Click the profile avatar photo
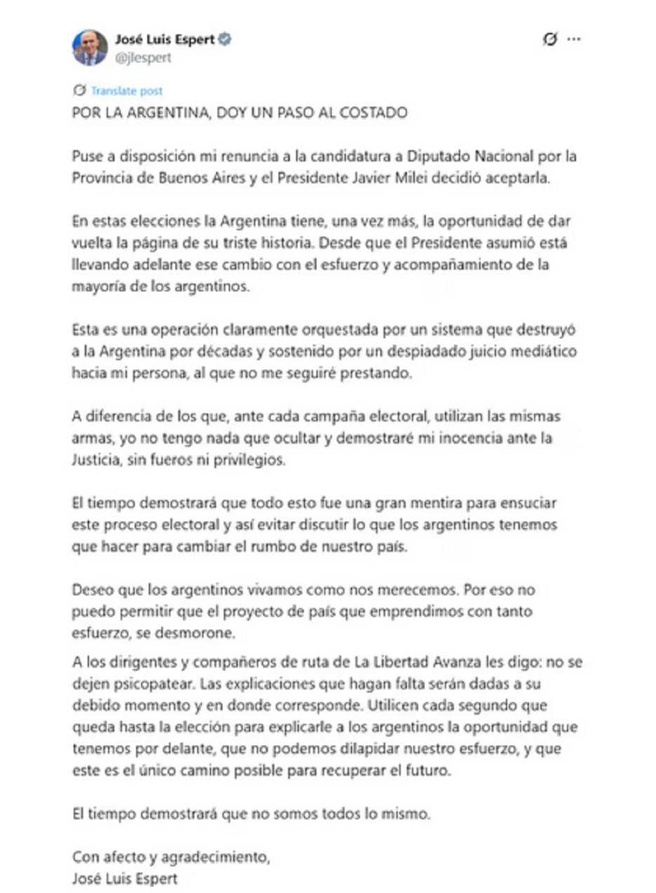[90, 48]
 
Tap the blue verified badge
[225, 40]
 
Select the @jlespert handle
[142, 58]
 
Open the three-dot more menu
[574, 40]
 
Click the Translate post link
[126, 91]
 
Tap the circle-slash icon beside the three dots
[550, 40]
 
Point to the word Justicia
[97, 460]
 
